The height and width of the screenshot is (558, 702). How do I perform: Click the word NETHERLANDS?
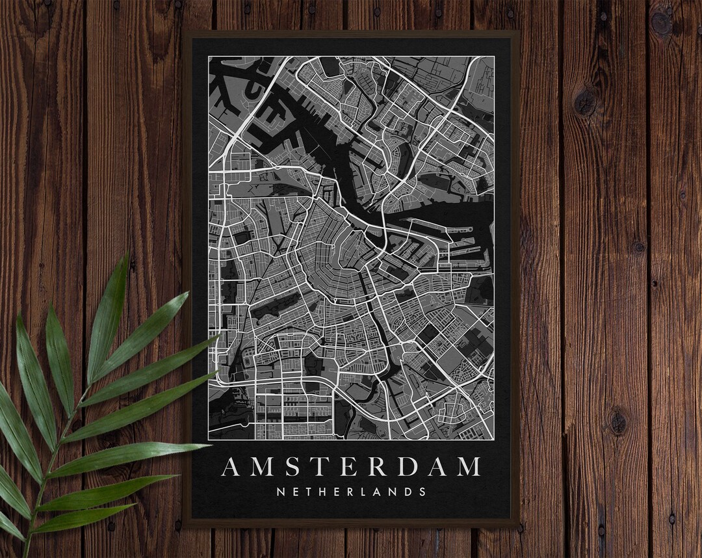click(351, 492)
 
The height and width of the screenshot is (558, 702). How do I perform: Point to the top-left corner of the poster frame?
click(184, 31)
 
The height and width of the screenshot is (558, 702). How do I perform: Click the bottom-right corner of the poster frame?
click(519, 525)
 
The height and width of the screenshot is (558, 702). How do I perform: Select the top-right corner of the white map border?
click(494, 57)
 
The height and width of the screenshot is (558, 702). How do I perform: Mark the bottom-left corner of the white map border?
click(209, 440)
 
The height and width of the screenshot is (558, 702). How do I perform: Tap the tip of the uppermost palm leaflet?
click(128, 254)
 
